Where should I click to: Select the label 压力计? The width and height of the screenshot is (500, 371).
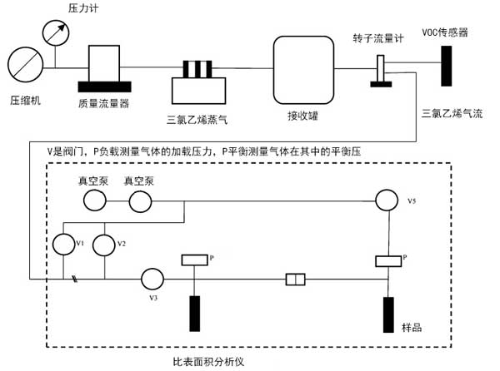click(x=84, y=8)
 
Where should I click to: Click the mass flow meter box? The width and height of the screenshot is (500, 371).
click(x=106, y=63)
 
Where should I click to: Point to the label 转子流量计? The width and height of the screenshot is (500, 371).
click(x=378, y=39)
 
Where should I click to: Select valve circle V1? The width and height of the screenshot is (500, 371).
click(x=64, y=245)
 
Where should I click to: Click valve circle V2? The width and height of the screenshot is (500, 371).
click(x=103, y=245)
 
